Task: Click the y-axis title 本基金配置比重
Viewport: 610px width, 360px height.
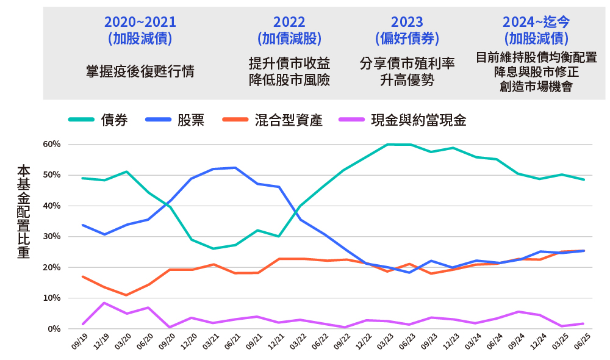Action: (23, 211)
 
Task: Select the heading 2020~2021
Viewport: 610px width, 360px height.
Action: (140, 22)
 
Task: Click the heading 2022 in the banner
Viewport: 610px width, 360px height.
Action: (289, 22)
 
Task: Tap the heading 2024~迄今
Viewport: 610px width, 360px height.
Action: (536, 22)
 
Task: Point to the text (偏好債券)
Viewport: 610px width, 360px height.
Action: (407, 38)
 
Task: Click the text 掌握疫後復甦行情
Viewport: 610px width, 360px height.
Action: (140, 71)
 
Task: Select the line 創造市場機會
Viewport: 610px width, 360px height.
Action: (536, 86)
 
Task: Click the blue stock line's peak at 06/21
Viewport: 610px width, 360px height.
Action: (235, 167)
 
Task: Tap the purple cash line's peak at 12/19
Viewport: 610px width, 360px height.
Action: (104, 303)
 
